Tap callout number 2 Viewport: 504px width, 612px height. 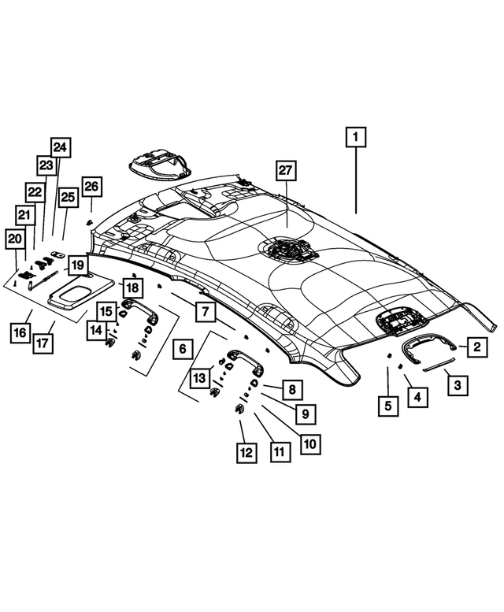(475, 346)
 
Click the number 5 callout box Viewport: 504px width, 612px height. (387, 406)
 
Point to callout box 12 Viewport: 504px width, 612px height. (246, 452)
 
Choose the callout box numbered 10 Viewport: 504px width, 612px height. (309, 443)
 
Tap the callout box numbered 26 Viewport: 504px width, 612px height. (91, 187)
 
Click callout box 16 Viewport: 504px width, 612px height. (19, 334)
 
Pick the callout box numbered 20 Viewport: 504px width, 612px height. (15, 239)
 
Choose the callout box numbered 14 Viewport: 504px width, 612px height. (96, 330)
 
